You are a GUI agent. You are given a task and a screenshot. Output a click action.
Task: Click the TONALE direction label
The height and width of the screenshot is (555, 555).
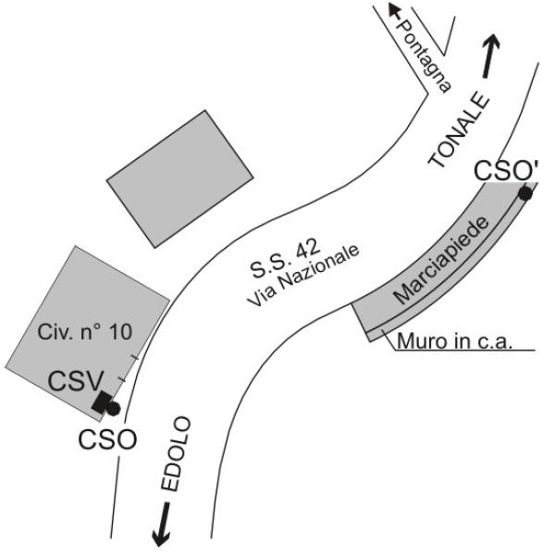[x=459, y=129]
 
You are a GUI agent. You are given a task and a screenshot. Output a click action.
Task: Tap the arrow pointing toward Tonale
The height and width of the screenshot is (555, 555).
[x=491, y=56]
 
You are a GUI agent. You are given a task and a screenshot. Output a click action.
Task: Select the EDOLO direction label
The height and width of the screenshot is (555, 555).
[x=176, y=454]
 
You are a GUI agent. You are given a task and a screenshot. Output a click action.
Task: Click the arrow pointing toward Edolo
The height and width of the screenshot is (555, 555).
[x=162, y=524]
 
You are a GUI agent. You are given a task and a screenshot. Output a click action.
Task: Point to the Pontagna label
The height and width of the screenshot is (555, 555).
[x=424, y=55]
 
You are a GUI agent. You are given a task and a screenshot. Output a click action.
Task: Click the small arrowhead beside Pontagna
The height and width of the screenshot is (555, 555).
[x=394, y=9]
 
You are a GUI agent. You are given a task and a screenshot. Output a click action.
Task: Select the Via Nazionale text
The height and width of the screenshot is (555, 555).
[x=303, y=276]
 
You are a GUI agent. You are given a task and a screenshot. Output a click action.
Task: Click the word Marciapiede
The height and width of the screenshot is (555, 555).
[x=441, y=260]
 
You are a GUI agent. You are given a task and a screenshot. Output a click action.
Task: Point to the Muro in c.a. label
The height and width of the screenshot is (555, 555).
[x=455, y=341]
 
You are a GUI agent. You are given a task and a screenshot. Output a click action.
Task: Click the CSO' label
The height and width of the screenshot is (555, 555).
[x=506, y=170]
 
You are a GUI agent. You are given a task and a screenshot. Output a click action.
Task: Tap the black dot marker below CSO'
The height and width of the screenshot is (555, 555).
[x=525, y=193]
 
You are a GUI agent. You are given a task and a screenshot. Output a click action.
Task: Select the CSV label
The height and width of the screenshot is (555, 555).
[x=76, y=381]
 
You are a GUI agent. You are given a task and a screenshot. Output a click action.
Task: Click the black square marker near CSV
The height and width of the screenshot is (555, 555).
[x=102, y=401]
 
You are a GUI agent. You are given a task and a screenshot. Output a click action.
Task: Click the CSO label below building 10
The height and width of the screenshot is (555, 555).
[x=107, y=439]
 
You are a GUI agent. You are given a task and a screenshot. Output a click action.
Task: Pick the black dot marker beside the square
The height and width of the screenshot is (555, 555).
[x=113, y=409]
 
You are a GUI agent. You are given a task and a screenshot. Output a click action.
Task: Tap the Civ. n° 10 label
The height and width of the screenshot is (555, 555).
[x=85, y=332]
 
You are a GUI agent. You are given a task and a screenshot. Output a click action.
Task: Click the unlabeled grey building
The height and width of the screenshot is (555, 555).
[x=179, y=179]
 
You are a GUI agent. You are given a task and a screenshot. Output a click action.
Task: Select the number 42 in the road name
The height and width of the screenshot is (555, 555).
[x=308, y=249]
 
